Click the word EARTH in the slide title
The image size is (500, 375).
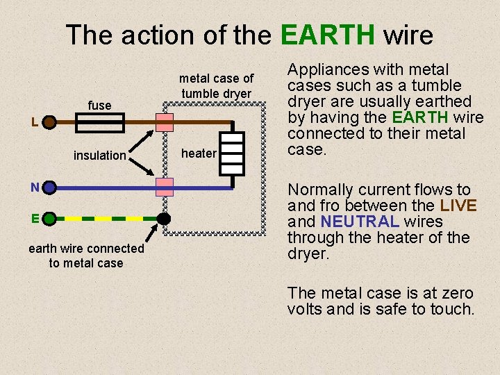(x=328, y=35)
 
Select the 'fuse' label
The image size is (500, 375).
(x=99, y=106)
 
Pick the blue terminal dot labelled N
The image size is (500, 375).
(x=49, y=187)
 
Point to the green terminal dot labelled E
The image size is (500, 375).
(x=49, y=218)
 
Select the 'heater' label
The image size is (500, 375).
(x=199, y=153)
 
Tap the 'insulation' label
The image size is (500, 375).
(x=99, y=156)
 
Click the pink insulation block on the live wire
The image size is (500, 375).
(x=164, y=123)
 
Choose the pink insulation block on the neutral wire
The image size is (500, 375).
(x=164, y=187)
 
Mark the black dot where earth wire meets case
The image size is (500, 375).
(x=163, y=218)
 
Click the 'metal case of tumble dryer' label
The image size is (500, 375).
(x=217, y=86)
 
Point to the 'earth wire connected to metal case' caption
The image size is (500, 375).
(x=86, y=256)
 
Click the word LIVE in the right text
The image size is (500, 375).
(x=458, y=206)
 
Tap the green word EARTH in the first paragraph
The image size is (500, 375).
(x=420, y=117)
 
